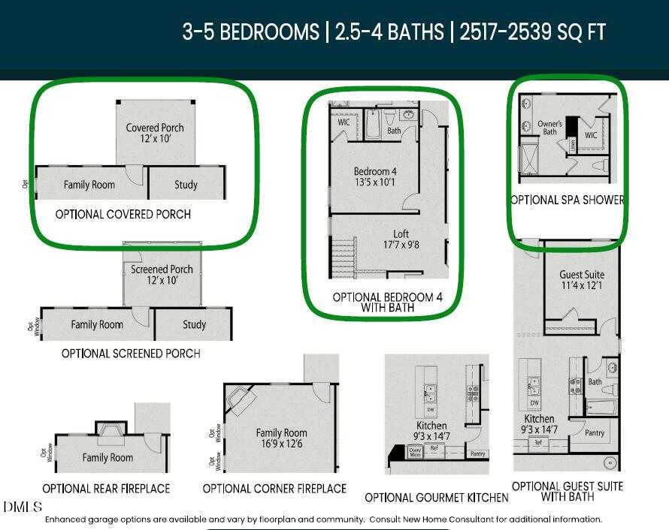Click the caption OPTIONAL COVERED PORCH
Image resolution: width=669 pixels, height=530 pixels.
pyautogui.click(x=123, y=215)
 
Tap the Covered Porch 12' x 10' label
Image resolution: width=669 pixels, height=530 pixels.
pyautogui.click(x=155, y=134)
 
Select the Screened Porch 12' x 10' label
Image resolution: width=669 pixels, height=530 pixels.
pyautogui.click(x=162, y=275)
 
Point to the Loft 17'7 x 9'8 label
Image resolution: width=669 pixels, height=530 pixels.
pyautogui.click(x=401, y=239)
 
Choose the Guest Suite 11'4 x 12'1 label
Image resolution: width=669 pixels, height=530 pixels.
pyautogui.click(x=582, y=280)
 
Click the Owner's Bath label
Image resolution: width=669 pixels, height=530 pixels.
pyautogui.click(x=549, y=128)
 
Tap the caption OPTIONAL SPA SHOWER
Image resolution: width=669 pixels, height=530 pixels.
pyautogui.click(x=568, y=200)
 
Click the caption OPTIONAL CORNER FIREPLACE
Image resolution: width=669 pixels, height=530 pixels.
pyautogui.click(x=274, y=489)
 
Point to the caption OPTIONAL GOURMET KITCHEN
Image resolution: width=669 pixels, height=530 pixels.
pyautogui.click(x=437, y=498)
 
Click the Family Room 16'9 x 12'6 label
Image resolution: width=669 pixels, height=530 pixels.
pyautogui.click(x=282, y=438)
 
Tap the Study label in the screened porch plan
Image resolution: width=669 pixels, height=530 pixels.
pyautogui.click(x=194, y=325)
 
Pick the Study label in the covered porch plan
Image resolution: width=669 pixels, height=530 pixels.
pyautogui.click(x=186, y=185)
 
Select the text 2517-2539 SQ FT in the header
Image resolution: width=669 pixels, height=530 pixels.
pyautogui.click(x=533, y=32)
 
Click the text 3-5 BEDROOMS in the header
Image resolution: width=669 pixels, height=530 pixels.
pyautogui.click(x=250, y=32)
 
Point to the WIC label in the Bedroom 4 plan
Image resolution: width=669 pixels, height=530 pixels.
pyautogui.click(x=344, y=122)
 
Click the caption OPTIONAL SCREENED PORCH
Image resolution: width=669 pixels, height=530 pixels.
pyautogui.click(x=131, y=354)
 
